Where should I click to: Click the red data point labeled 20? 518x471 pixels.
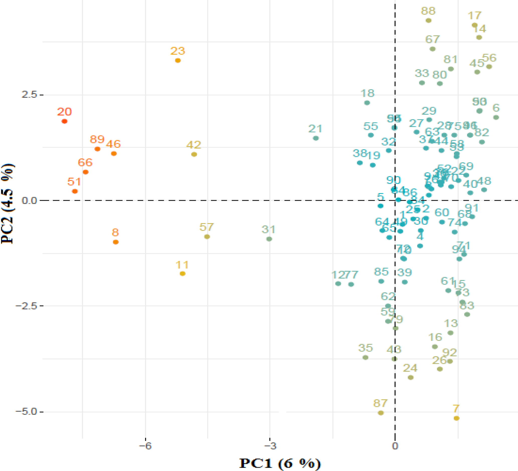pyautogui.click(x=64, y=121)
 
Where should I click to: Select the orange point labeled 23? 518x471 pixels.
pyautogui.click(x=177, y=61)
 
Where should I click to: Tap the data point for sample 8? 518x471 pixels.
pyautogui.click(x=116, y=242)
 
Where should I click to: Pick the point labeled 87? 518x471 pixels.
pyautogui.click(x=380, y=413)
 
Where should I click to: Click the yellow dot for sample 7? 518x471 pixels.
pyautogui.click(x=456, y=418)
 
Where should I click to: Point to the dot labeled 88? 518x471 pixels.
pyautogui.click(x=428, y=21)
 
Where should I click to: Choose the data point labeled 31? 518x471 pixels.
pyautogui.click(x=269, y=239)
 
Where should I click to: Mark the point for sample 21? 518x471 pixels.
pyautogui.click(x=316, y=138)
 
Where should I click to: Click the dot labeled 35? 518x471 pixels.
pyautogui.click(x=365, y=357)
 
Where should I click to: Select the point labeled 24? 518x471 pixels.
pyautogui.click(x=410, y=378)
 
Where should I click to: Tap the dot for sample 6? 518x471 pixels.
pyautogui.click(x=496, y=117)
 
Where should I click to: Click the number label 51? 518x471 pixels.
pyautogui.click(x=74, y=182)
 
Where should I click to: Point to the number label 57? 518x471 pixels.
pyautogui.click(x=206, y=227)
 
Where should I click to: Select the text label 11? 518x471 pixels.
pyautogui.click(x=182, y=265)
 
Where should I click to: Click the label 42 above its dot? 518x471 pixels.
pyautogui.click(x=193, y=145)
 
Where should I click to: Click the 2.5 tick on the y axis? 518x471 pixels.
pyautogui.click(x=29, y=95)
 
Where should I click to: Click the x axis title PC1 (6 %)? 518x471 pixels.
pyautogui.click(x=280, y=463)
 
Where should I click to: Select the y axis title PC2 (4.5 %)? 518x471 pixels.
pyautogui.click(x=8, y=203)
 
